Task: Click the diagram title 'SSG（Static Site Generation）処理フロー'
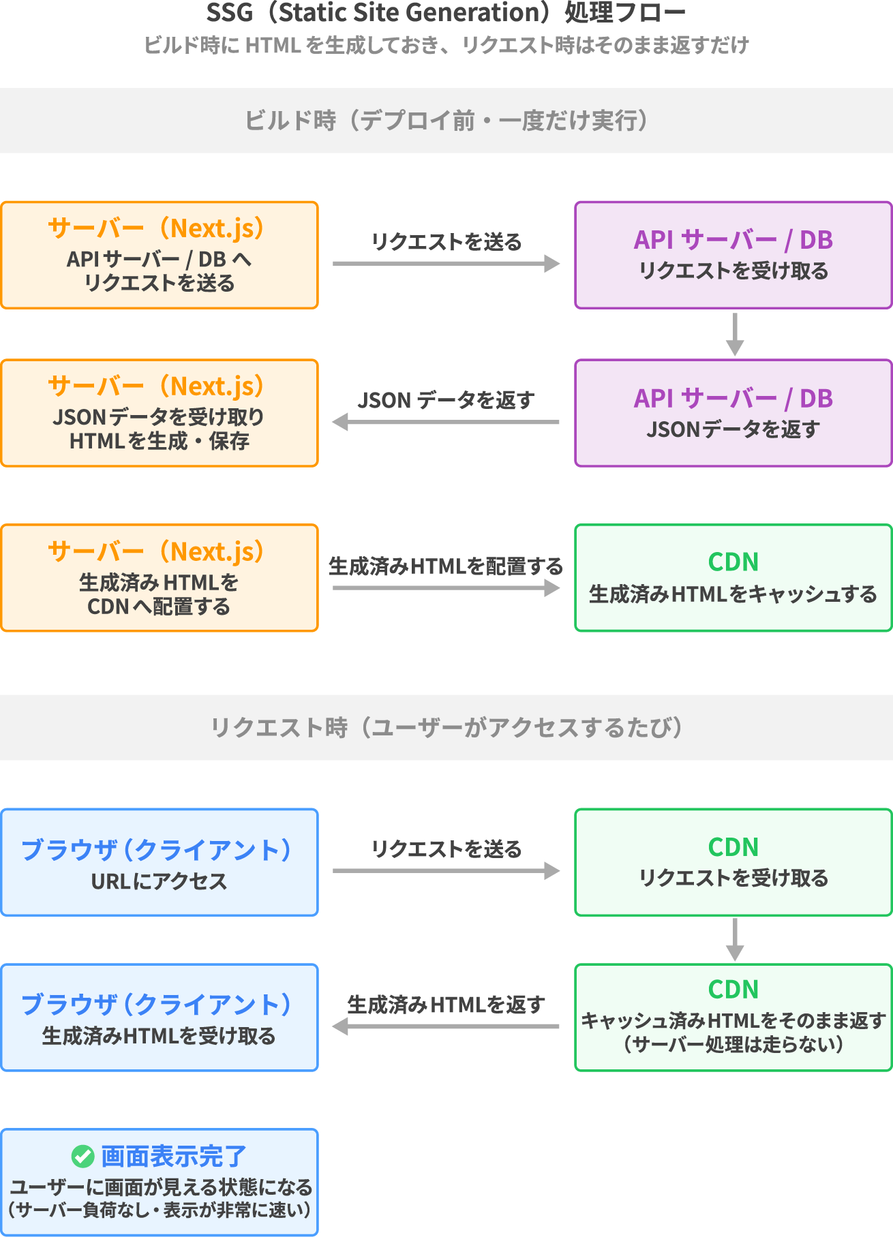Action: [x=446, y=13]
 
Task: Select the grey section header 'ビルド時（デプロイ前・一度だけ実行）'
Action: [x=446, y=121]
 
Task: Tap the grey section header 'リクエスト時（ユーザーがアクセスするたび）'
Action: [x=446, y=727]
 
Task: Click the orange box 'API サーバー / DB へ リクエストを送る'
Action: [x=160, y=255]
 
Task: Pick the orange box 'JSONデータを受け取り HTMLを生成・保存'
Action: [x=160, y=413]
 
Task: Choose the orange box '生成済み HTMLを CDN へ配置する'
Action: [x=160, y=578]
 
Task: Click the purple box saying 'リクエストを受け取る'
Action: [x=733, y=255]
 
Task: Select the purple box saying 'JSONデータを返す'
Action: [x=733, y=413]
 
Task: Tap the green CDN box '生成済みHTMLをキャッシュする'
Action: [x=733, y=578]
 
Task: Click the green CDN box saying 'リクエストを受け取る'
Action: [x=733, y=862]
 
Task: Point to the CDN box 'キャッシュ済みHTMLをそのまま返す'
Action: [x=733, y=1018]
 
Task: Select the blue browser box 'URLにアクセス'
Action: [x=160, y=862]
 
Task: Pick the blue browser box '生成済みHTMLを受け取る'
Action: [x=160, y=1018]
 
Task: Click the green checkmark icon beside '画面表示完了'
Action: [x=82, y=1156]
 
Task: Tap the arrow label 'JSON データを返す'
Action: [x=446, y=400]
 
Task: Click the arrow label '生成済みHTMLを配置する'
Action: [x=446, y=566]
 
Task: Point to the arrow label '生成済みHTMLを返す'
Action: [x=446, y=1005]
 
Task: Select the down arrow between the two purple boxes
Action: [x=734, y=335]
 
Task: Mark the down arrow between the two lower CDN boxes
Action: [x=734, y=940]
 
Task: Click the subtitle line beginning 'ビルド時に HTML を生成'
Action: [x=446, y=45]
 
